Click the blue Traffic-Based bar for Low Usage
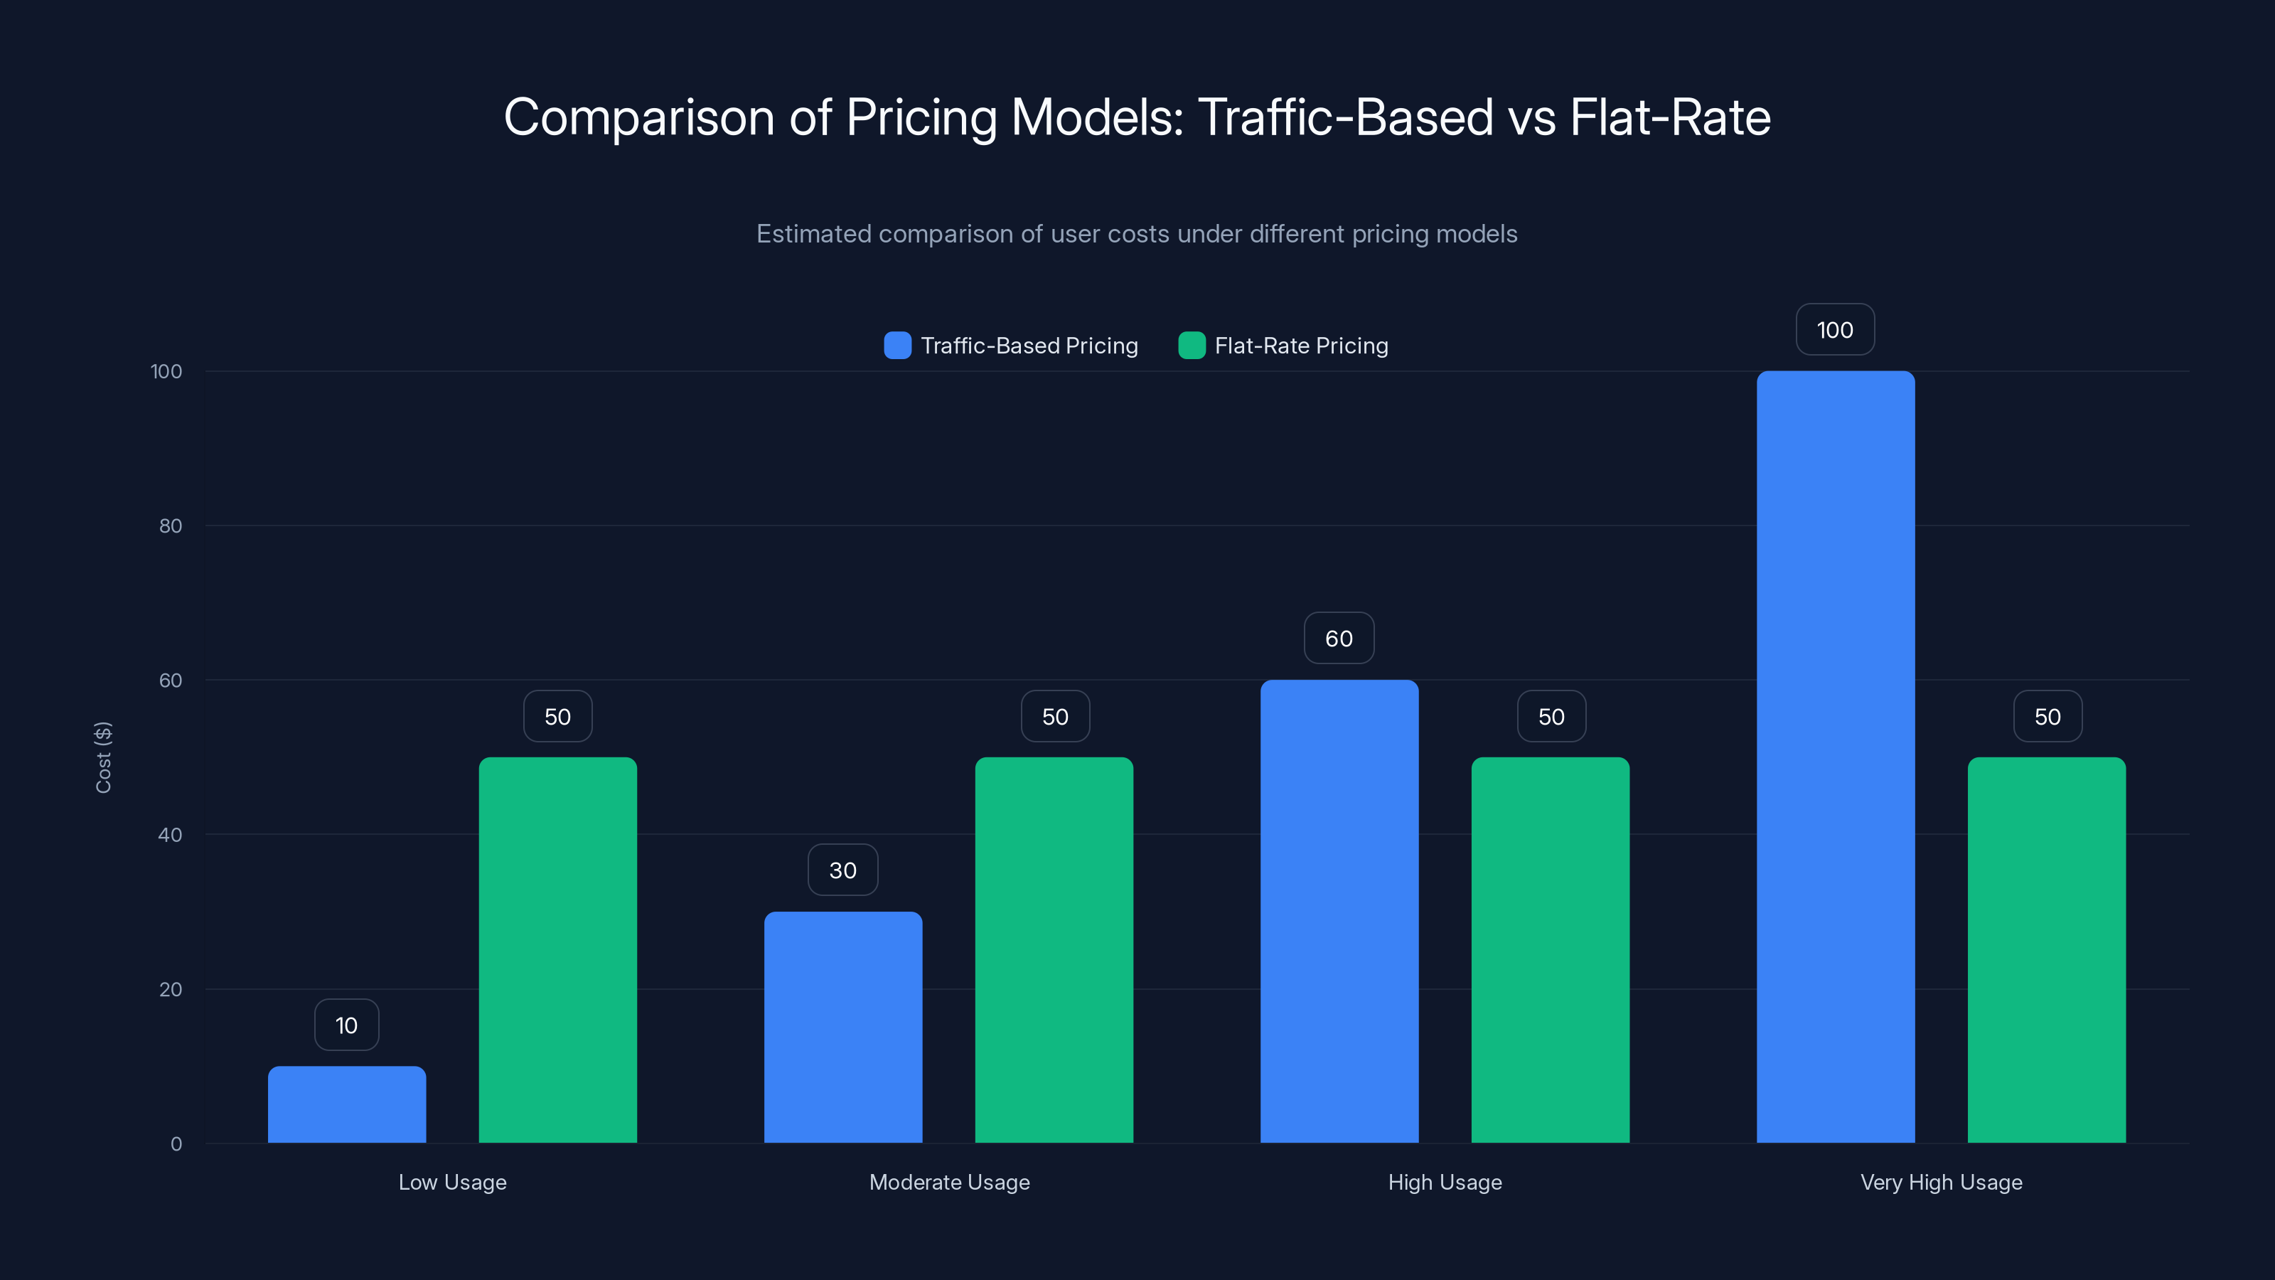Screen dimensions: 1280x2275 point(346,1104)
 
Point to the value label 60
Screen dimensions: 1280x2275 point(1339,638)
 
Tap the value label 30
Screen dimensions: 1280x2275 point(842,870)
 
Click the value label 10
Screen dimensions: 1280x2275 point(346,1025)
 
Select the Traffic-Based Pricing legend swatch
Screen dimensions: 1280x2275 point(897,346)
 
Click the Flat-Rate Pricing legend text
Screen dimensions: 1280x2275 point(1301,346)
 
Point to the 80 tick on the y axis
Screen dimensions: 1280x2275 point(171,526)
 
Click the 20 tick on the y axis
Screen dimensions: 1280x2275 point(171,989)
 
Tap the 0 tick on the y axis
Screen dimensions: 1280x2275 point(176,1144)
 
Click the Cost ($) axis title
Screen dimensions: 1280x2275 point(103,757)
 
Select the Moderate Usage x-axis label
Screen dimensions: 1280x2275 point(949,1182)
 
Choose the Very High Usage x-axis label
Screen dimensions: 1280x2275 point(1941,1182)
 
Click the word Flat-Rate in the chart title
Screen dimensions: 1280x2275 point(1669,117)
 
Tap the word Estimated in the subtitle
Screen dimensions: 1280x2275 point(813,234)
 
